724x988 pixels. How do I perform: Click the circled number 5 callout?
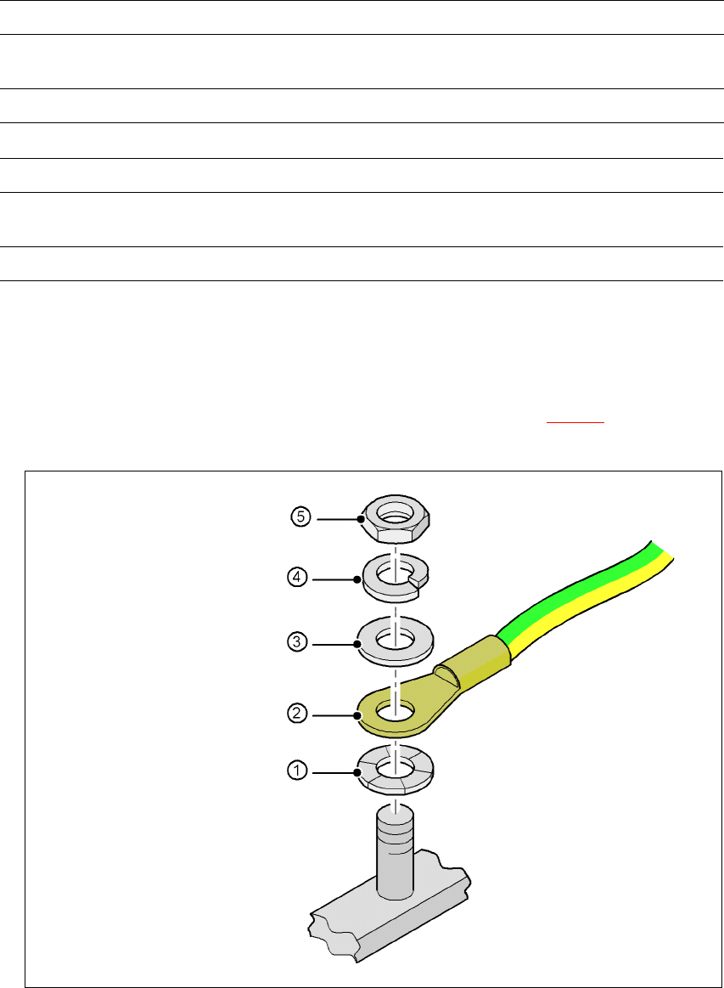(x=301, y=517)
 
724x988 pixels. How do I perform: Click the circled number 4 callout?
(x=297, y=577)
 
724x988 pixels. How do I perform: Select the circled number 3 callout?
(x=297, y=643)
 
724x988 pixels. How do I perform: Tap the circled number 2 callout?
(x=297, y=714)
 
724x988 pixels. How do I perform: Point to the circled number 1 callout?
(x=297, y=770)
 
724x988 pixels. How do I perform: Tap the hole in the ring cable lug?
(x=395, y=713)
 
